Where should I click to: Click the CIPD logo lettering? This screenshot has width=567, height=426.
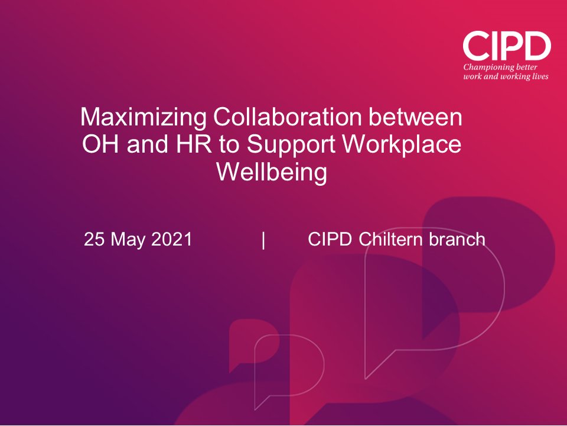tap(506, 46)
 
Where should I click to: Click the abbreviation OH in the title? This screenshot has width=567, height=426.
tap(97, 145)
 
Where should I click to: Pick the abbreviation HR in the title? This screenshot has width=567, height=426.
tap(181, 145)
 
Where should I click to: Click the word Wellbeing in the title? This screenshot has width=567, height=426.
tap(272, 173)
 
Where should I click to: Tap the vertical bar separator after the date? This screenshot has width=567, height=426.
tap(263, 240)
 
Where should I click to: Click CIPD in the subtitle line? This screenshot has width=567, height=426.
tap(331, 240)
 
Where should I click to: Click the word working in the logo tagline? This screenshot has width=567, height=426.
tap(512, 76)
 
